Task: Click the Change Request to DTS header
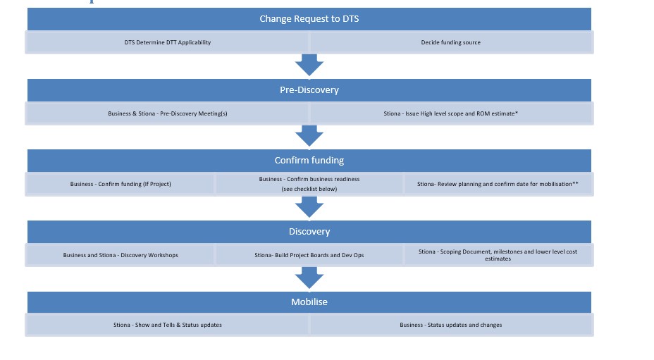pyautogui.click(x=309, y=19)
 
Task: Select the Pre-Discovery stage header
pyautogui.click(x=309, y=90)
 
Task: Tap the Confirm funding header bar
pyautogui.click(x=309, y=161)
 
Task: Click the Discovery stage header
pyautogui.click(x=309, y=231)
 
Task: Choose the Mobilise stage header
pyautogui.click(x=309, y=302)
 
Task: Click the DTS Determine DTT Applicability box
pyautogui.click(x=168, y=42)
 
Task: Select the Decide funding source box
pyautogui.click(x=451, y=42)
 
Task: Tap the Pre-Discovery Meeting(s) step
pyautogui.click(x=168, y=113)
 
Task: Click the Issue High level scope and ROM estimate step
pyautogui.click(x=451, y=113)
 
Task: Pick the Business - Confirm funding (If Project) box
pyautogui.click(x=121, y=184)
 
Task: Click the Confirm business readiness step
pyautogui.click(x=309, y=184)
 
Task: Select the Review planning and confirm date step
pyautogui.click(x=498, y=184)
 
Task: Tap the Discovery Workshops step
pyautogui.click(x=121, y=255)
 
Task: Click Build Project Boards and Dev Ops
pyautogui.click(x=309, y=255)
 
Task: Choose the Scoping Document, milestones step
pyautogui.click(x=498, y=255)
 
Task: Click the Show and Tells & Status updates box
pyautogui.click(x=168, y=325)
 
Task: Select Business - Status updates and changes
pyautogui.click(x=451, y=325)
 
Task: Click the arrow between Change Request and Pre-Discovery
pyautogui.click(x=309, y=66)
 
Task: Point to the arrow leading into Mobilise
pyautogui.click(x=309, y=278)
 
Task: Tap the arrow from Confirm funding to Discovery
pyautogui.click(x=309, y=207)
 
